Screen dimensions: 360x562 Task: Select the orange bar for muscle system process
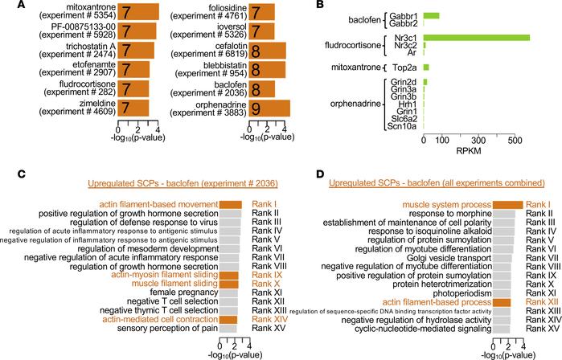pos(507,205)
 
